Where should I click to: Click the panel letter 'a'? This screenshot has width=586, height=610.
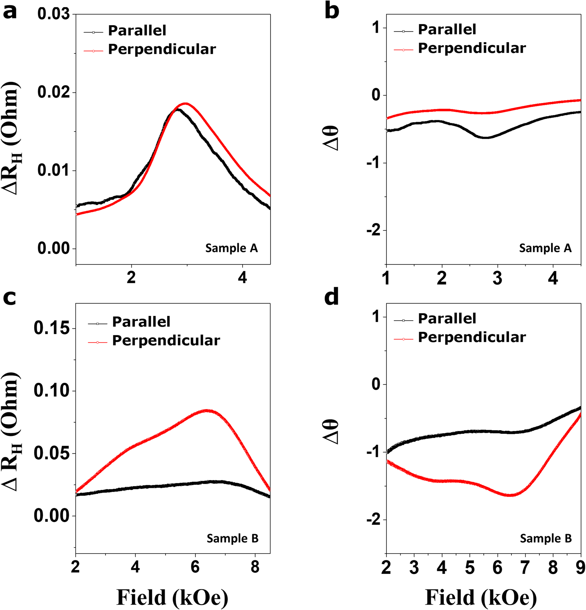tap(10, 12)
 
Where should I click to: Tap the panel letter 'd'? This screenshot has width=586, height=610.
tap(331, 297)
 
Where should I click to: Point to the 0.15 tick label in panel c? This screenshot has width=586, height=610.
tap(51, 328)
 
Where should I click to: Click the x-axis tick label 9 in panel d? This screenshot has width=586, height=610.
tap(580, 567)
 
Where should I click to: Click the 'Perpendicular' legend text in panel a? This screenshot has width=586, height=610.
tap(162, 49)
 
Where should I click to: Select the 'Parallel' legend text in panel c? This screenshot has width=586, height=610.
tap(141, 322)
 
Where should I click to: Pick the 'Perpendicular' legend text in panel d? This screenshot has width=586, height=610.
tap(472, 337)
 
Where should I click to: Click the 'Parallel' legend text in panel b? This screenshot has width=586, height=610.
tap(447, 29)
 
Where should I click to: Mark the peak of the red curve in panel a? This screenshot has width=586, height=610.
tap(185, 103)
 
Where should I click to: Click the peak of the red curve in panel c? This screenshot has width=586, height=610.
tap(207, 410)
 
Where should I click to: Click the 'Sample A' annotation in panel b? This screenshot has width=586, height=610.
tap(545, 248)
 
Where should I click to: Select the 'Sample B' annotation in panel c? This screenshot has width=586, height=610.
tap(232, 538)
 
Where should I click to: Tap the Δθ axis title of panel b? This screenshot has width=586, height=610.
tap(332, 138)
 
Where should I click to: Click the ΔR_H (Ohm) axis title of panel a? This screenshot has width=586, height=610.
tap(12, 138)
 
